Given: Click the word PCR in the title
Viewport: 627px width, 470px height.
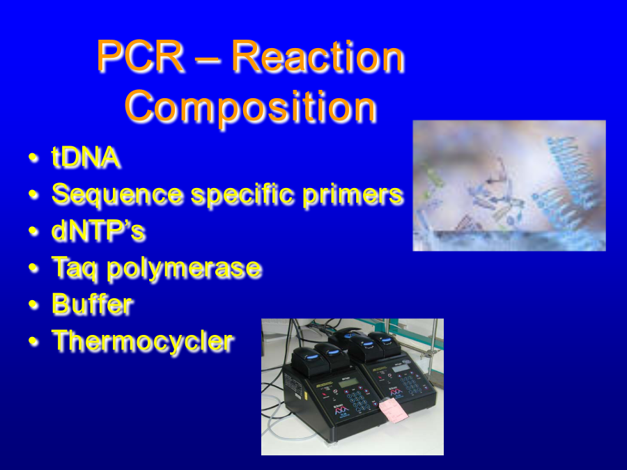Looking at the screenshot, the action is (140, 56).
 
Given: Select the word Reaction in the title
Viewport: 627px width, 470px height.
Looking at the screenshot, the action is (318, 56).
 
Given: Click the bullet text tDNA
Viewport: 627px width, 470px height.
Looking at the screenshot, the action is (86, 157).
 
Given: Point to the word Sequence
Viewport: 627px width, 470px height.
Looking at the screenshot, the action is (118, 195).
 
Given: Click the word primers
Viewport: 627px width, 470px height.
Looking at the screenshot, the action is (353, 195).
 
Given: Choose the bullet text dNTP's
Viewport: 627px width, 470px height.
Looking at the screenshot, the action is (98, 230).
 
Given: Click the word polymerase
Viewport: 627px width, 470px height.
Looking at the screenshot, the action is (184, 268).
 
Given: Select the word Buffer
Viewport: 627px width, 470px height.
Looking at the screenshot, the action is (92, 304).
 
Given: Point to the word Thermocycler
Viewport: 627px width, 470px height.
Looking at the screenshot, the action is (143, 341).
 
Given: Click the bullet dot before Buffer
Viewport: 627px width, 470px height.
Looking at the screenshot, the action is (33, 305).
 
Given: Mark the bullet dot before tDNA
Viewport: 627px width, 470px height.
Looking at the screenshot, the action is (33, 158).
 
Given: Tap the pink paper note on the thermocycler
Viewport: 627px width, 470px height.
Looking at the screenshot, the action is (393, 409).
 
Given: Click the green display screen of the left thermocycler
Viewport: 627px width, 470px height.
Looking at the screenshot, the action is (348, 383).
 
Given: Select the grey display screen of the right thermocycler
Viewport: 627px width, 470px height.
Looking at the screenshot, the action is (401, 368).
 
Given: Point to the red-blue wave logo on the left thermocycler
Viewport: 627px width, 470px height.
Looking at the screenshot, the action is (341, 409).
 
